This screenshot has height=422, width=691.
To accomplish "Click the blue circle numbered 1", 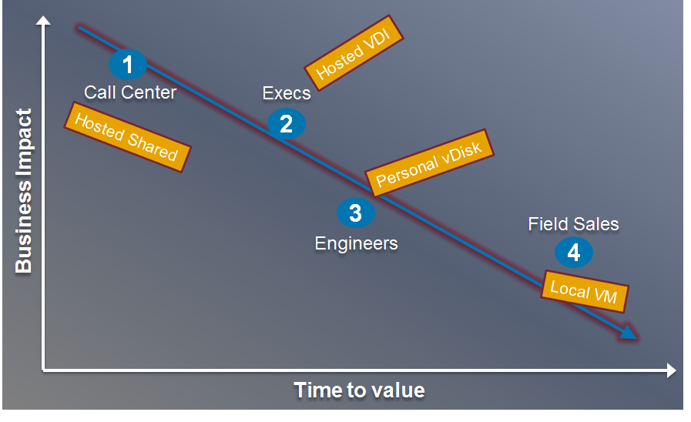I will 129,65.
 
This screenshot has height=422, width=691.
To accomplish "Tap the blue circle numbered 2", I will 286,123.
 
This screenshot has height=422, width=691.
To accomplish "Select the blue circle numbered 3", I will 355,213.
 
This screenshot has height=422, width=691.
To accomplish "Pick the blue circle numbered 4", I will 573,252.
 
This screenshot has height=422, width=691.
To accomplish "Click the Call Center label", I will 130,92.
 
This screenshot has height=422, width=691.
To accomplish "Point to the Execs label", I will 287,94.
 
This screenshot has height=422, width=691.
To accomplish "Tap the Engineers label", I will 356,243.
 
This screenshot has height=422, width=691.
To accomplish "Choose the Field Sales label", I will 573,224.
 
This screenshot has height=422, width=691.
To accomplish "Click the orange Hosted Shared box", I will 126,137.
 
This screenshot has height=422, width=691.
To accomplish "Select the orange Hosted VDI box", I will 355,50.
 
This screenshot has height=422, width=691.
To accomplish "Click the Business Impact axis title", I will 24,192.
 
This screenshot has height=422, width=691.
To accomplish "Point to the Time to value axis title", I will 359,390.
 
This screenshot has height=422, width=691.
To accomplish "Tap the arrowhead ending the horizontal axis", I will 669,371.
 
